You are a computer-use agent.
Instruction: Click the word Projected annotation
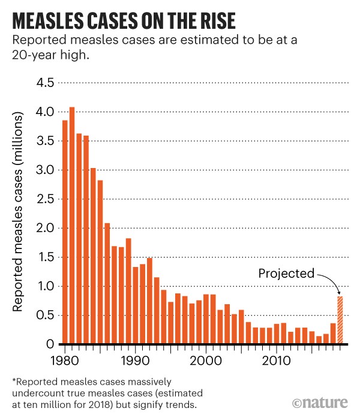pos(286,274)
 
